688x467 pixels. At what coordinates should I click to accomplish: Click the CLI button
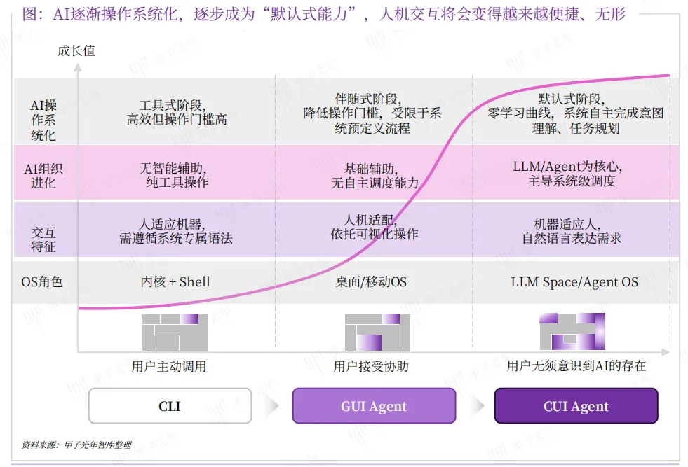[x=170, y=406]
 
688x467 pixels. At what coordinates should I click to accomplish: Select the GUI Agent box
[x=374, y=406]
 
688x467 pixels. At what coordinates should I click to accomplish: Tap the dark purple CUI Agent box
[x=576, y=406]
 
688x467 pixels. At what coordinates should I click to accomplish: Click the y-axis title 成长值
[x=76, y=50]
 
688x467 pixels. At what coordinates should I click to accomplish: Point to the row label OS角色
[x=43, y=282]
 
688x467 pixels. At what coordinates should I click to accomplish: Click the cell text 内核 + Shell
[x=175, y=282]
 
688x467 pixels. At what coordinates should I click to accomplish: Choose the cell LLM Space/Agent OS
[x=574, y=282]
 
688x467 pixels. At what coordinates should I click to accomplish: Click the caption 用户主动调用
[x=169, y=366]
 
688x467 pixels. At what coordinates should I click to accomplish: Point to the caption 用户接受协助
[x=371, y=366]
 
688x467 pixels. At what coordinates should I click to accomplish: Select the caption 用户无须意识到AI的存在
[x=576, y=366]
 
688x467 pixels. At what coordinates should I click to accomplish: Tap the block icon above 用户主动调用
[x=175, y=333]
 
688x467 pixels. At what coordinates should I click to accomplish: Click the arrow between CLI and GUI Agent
[x=272, y=406]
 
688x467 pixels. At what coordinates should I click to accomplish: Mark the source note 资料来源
[x=77, y=444]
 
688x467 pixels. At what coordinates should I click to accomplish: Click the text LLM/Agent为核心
[x=567, y=167]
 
